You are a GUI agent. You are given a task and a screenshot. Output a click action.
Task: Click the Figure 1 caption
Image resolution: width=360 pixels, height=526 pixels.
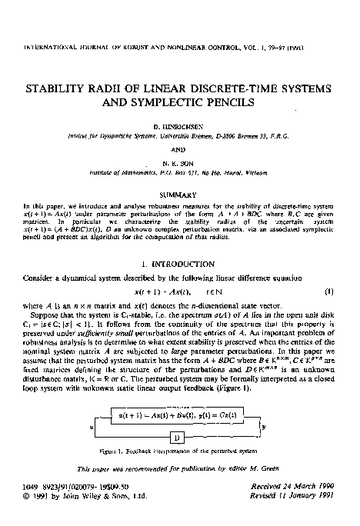coord(178,465)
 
